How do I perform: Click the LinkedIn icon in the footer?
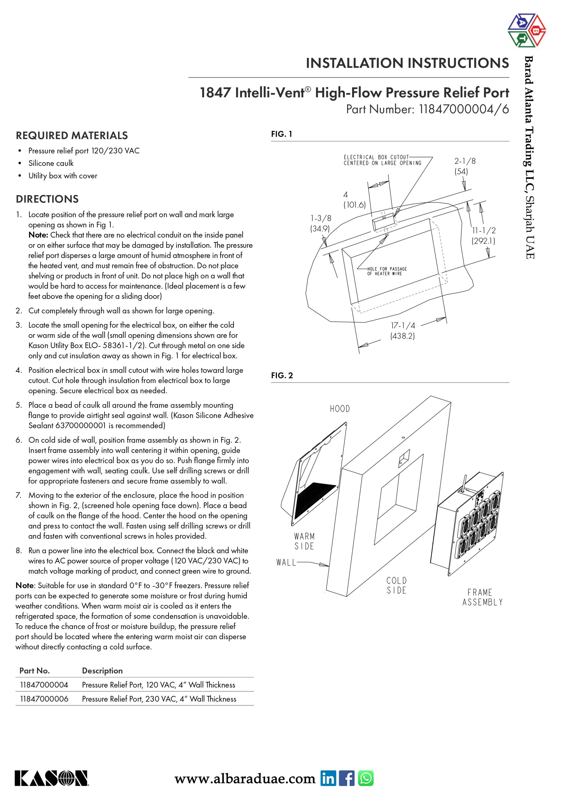[x=328, y=778]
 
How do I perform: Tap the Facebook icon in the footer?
[x=347, y=778]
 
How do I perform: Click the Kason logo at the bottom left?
[x=51, y=778]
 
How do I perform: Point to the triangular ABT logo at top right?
[x=526, y=30]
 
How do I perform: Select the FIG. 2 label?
[x=282, y=376]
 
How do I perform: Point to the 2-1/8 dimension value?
[x=465, y=161]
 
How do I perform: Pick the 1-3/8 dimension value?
[x=320, y=218]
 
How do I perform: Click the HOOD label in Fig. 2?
[x=340, y=409]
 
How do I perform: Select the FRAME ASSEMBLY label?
[x=482, y=597]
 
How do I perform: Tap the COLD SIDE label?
[x=397, y=585]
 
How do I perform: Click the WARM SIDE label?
[x=304, y=541]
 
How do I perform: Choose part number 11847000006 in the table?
[x=44, y=699]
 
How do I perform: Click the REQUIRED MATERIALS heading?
[x=72, y=136]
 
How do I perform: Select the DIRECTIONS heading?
[x=47, y=199]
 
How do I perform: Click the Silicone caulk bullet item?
[x=51, y=163]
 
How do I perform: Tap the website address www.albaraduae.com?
[x=245, y=779]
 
